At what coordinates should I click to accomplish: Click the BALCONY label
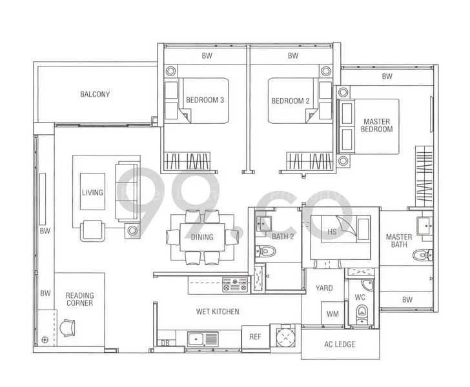click(x=95, y=94)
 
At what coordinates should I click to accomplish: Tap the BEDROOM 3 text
click(x=205, y=101)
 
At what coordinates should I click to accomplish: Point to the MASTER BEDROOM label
click(x=377, y=125)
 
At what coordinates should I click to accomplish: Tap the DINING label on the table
click(x=202, y=237)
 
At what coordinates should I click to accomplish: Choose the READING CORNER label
click(x=79, y=299)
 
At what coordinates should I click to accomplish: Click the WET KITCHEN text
click(x=218, y=312)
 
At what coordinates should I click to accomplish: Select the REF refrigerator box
click(x=254, y=337)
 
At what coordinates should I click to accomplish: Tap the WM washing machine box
click(x=333, y=314)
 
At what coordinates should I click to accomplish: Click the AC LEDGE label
click(x=339, y=344)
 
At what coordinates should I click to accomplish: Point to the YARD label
click(x=324, y=288)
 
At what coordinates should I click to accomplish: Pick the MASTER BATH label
click(x=398, y=241)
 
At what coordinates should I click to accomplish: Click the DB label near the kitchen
click(x=165, y=343)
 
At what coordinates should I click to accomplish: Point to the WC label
click(x=360, y=297)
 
